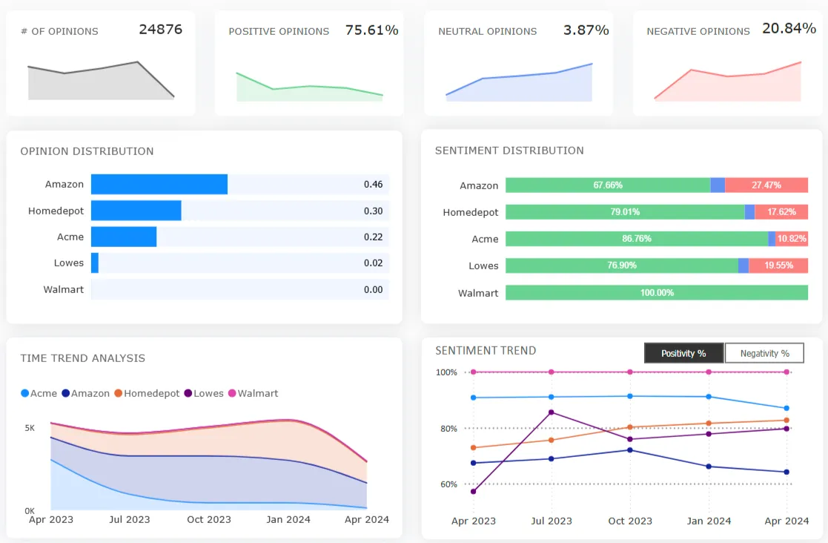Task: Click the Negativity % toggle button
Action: (x=764, y=353)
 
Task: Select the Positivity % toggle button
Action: (x=683, y=353)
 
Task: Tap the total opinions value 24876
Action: (x=160, y=30)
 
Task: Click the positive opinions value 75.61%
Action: (x=371, y=30)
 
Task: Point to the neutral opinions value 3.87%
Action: (x=586, y=30)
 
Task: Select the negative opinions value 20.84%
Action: (x=789, y=29)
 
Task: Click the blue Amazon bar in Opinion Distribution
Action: (x=159, y=185)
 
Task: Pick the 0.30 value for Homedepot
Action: (x=373, y=211)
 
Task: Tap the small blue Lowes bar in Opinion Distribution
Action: (x=95, y=263)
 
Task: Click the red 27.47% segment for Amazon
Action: (x=766, y=185)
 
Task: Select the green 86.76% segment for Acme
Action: (x=637, y=239)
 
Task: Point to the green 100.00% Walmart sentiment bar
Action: (x=656, y=293)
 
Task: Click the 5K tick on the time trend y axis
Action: (x=30, y=428)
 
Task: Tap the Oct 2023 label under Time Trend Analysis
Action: (x=209, y=519)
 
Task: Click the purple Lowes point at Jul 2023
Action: (x=552, y=412)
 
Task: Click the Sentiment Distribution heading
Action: (x=509, y=151)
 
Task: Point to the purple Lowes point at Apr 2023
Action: (x=474, y=491)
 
